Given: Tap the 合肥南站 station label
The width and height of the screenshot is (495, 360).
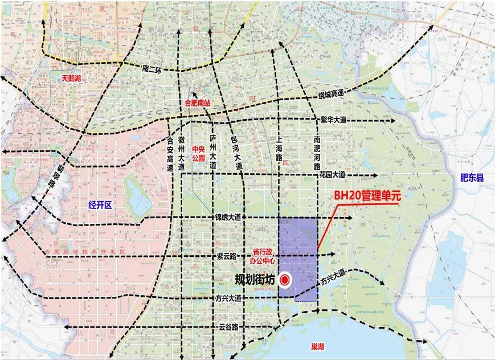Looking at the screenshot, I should (198, 104).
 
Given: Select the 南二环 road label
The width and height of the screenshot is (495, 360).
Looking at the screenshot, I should (153, 68).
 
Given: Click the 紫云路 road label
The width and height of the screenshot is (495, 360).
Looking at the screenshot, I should (227, 256).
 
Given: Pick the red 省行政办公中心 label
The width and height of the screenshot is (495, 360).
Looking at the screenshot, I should (264, 256).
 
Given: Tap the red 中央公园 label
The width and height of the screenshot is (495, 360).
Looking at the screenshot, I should (198, 154).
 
